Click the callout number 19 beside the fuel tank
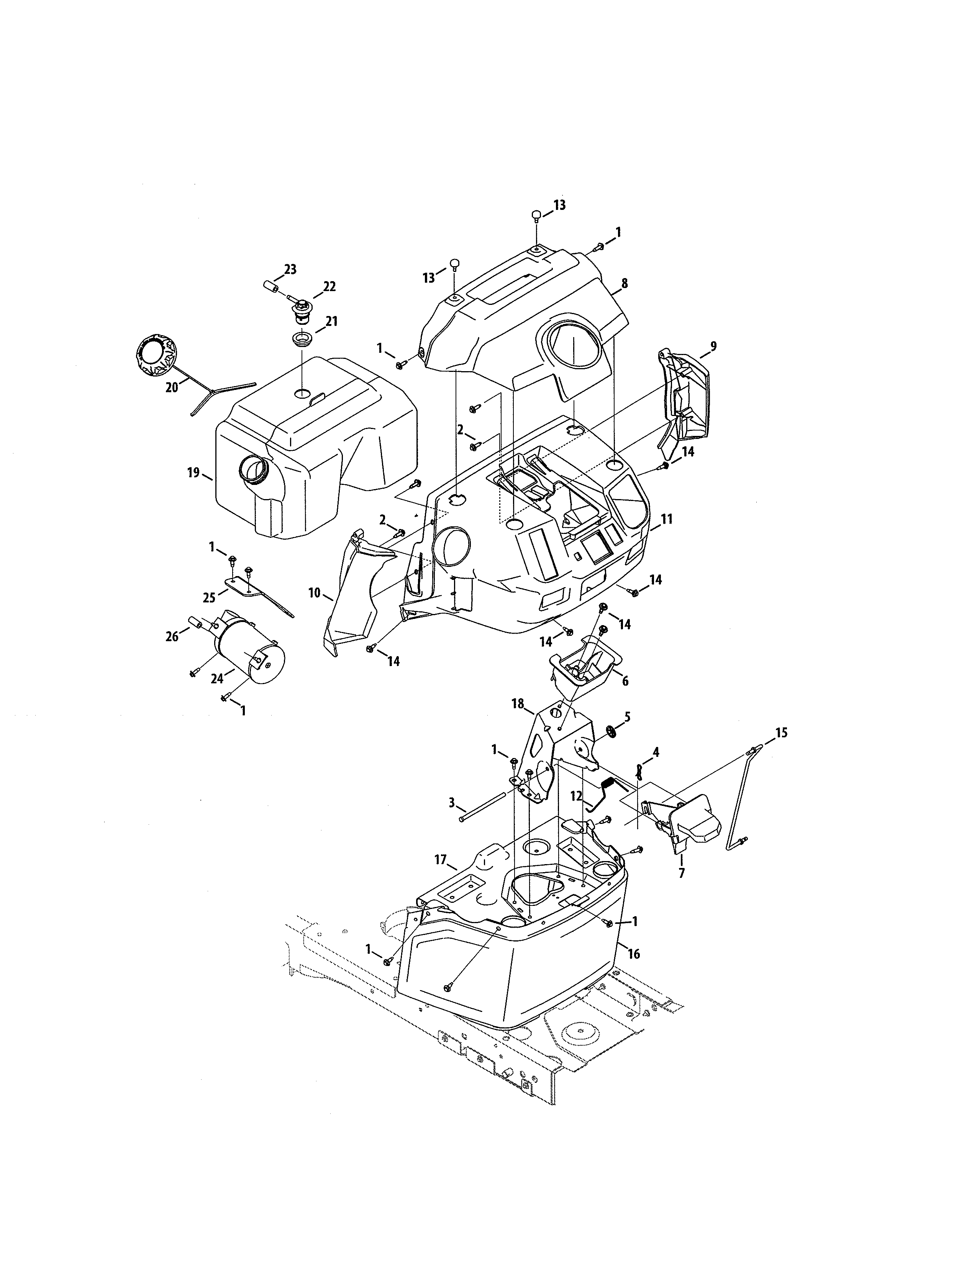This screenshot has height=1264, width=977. [x=193, y=473]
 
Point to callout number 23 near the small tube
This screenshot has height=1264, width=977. [x=290, y=269]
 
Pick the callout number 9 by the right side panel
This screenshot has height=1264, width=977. [x=713, y=346]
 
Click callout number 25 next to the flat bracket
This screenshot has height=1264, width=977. [x=208, y=596]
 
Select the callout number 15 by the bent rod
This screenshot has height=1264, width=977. [x=781, y=733]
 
